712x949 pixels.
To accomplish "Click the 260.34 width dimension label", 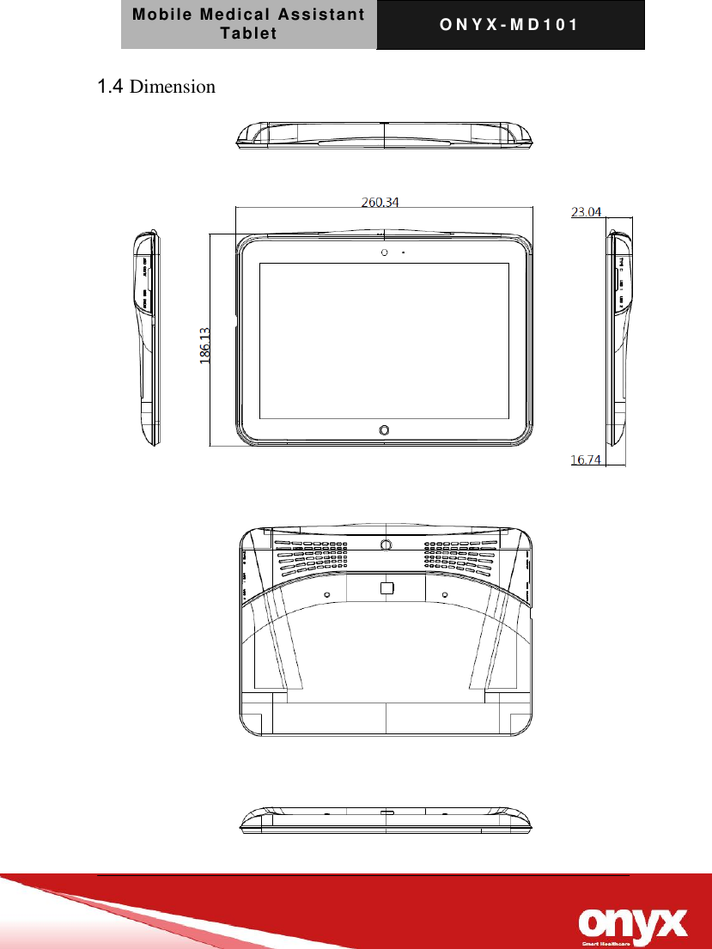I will coord(380,203).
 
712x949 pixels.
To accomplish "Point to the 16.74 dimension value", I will coord(587,459).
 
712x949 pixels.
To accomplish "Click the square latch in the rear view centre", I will coord(386,587).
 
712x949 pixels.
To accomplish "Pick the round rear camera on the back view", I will coord(386,544).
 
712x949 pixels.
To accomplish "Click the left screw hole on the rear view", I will coord(327,595).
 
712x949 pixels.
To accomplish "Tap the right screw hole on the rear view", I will coord(445,595).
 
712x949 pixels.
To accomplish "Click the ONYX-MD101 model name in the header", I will coord(509,24).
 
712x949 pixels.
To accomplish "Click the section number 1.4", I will coord(112,86).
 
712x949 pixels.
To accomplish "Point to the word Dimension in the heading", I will coord(173,87).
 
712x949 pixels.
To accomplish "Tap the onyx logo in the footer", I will coord(634,923).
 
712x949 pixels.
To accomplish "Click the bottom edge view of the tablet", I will coord(385,820).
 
